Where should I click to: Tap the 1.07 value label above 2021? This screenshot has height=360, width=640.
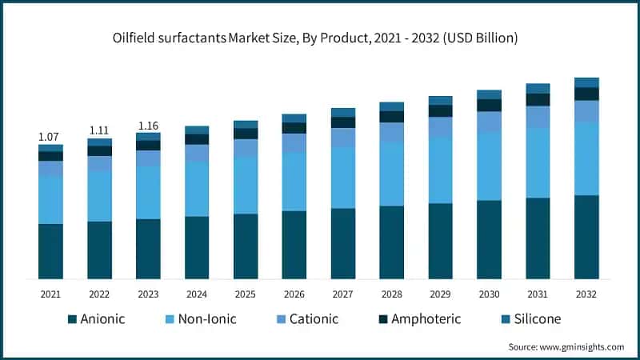pyautogui.click(x=50, y=137)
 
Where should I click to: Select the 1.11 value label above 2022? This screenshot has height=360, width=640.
pyautogui.click(x=99, y=130)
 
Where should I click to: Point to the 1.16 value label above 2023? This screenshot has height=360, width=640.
pyautogui.click(x=148, y=125)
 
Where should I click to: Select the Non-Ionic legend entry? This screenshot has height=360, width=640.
pyautogui.click(x=201, y=319)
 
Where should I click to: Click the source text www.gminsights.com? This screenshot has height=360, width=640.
pyautogui.click(x=566, y=346)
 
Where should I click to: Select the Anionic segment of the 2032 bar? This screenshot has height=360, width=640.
pyautogui.click(x=587, y=237)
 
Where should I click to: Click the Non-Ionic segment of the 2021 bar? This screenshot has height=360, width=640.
pyautogui.click(x=50, y=199)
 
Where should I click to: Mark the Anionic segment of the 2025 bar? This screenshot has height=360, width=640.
pyautogui.click(x=246, y=246)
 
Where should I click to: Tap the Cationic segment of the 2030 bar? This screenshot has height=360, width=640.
pyautogui.click(x=490, y=122)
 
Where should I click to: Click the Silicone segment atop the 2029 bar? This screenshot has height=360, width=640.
pyautogui.click(x=441, y=100)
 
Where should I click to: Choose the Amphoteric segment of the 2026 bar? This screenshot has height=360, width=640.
pyautogui.click(x=294, y=128)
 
